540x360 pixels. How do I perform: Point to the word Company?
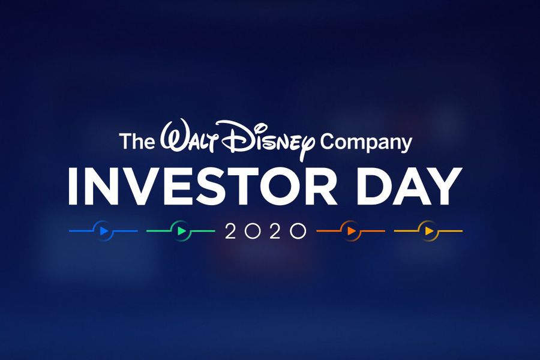pos(365,143)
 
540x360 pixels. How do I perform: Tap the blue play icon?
pos(104,230)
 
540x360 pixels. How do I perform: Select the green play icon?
pos(181,230)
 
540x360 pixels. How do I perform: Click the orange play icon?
pos(351,230)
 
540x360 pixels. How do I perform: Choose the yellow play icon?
pos(428,230)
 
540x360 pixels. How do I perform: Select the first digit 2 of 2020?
pos(230,231)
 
